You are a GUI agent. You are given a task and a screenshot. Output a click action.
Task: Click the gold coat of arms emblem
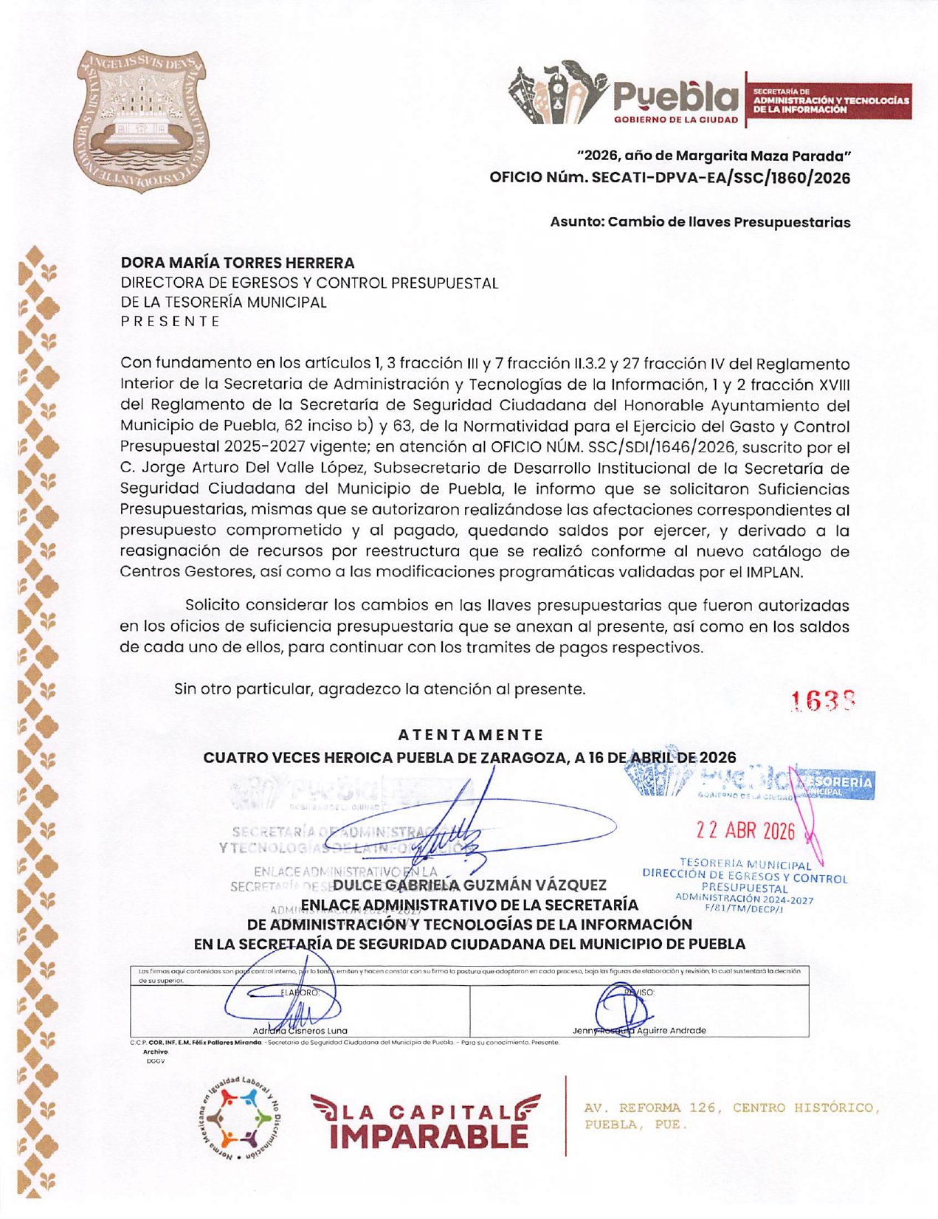pyautogui.click(x=141, y=121)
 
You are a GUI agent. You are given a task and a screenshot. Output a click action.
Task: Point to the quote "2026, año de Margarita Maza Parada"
pyautogui.click(x=714, y=156)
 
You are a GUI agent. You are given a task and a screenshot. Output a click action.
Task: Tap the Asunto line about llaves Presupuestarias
pyautogui.click(x=700, y=222)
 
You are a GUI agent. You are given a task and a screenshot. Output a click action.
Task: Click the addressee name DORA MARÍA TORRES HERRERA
pyautogui.click(x=238, y=263)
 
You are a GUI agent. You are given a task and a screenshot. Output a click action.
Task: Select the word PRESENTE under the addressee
pyautogui.click(x=170, y=321)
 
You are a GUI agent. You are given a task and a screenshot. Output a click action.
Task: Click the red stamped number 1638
pyautogui.click(x=823, y=701)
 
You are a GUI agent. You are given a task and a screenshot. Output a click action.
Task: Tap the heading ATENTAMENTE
pyautogui.click(x=470, y=735)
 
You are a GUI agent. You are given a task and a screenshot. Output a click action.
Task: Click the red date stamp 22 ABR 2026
pyautogui.click(x=745, y=832)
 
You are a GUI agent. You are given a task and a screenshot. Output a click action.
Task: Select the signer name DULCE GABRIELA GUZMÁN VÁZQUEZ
pyautogui.click(x=470, y=885)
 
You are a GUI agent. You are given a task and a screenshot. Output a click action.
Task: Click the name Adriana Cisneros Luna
pyautogui.click(x=300, y=1030)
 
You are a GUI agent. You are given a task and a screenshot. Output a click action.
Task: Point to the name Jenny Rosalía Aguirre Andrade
pyautogui.click(x=639, y=1030)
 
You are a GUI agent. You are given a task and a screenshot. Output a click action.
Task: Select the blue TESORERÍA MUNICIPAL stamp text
pyautogui.click(x=745, y=865)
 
